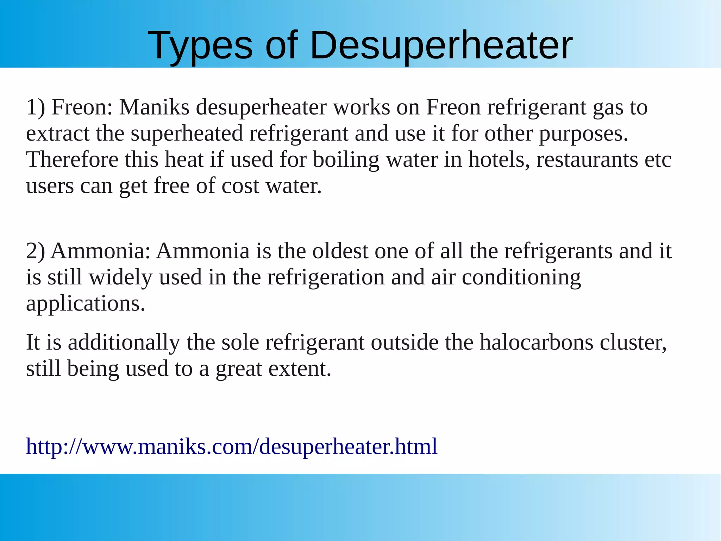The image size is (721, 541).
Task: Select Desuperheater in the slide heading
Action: point(441,46)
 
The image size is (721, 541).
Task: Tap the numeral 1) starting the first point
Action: point(36,107)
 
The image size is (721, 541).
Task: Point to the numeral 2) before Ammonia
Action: point(36,251)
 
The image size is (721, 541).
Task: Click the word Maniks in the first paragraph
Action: point(154,107)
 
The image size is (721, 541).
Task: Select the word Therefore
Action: point(72,160)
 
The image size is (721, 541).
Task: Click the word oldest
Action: point(340,251)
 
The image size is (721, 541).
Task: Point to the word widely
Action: point(120,277)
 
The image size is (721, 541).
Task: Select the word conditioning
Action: point(521,277)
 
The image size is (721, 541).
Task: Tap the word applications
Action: point(86,304)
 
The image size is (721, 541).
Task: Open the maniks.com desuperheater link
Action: point(232,447)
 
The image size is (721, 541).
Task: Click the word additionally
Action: point(124,342)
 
